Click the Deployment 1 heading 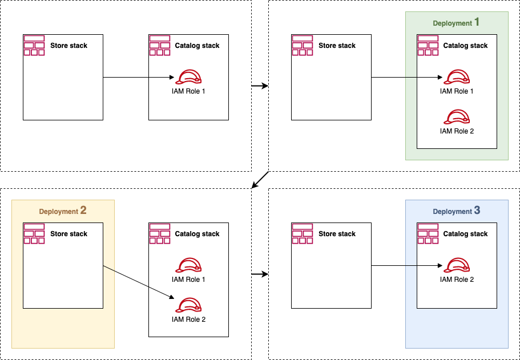pyautogui.click(x=456, y=23)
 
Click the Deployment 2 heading pyautogui.click(x=63, y=211)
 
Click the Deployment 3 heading pyautogui.click(x=456, y=211)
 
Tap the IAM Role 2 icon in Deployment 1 pyautogui.click(x=457, y=117)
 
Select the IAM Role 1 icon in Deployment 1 pyautogui.click(x=457, y=77)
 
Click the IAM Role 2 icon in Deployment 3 pyautogui.click(x=457, y=265)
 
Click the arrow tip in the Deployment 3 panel pyautogui.click(x=442, y=266)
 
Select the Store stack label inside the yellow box pyautogui.click(x=68, y=234)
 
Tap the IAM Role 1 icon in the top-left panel pyautogui.click(x=188, y=77)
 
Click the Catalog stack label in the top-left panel pyautogui.click(x=197, y=46)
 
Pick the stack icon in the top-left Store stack pyautogui.click(x=34, y=45)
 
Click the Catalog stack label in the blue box pyautogui.click(x=465, y=234)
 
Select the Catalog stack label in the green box pyautogui.click(x=465, y=46)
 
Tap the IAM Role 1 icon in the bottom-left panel pyautogui.click(x=188, y=265)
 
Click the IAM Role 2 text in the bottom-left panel pyautogui.click(x=188, y=319)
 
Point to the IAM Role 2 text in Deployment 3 pyautogui.click(x=457, y=280)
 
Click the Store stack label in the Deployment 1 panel pyautogui.click(x=337, y=46)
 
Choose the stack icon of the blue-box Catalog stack pyautogui.click(x=428, y=234)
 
